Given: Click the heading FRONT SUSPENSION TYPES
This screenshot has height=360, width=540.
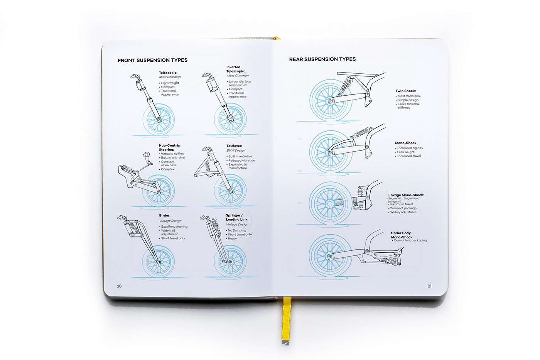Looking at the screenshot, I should point(152,60).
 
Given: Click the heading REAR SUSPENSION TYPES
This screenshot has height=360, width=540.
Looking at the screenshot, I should point(322,59).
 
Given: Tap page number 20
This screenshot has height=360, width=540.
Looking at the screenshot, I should point(119,286).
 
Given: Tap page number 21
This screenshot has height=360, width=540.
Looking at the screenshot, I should point(429,286).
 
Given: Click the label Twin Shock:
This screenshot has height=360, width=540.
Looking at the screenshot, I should point(405,91).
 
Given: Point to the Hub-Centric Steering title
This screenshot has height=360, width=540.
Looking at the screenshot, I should point(169,147).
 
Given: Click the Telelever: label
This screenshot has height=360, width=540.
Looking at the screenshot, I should point(234,146).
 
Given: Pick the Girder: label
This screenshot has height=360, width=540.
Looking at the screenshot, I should point(165,216).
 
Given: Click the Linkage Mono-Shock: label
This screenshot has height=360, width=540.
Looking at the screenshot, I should point(405,195).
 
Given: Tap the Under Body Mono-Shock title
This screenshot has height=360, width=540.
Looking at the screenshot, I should point(402,235).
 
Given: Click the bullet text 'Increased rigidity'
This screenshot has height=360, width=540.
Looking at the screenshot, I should point(410,148).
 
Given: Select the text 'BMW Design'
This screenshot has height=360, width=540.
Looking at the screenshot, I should point(236,150).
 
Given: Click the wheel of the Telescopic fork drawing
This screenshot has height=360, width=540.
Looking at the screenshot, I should point(159,119).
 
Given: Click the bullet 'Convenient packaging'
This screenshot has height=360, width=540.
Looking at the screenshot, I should point(410,240).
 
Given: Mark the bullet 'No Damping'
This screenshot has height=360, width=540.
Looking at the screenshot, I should point(237,230).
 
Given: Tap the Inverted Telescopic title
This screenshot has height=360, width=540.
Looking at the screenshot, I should point(236,69).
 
